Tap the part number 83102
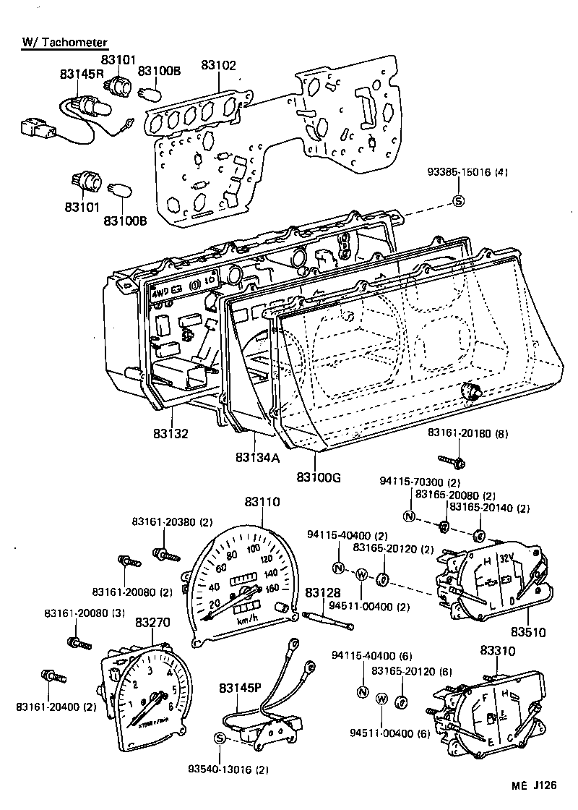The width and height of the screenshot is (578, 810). (218, 65)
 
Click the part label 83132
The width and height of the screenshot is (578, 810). (171, 434)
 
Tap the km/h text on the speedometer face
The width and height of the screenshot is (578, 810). (248, 620)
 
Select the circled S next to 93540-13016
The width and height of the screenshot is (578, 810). (220, 737)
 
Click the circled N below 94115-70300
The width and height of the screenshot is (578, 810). (409, 516)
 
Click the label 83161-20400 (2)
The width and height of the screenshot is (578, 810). (48, 706)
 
